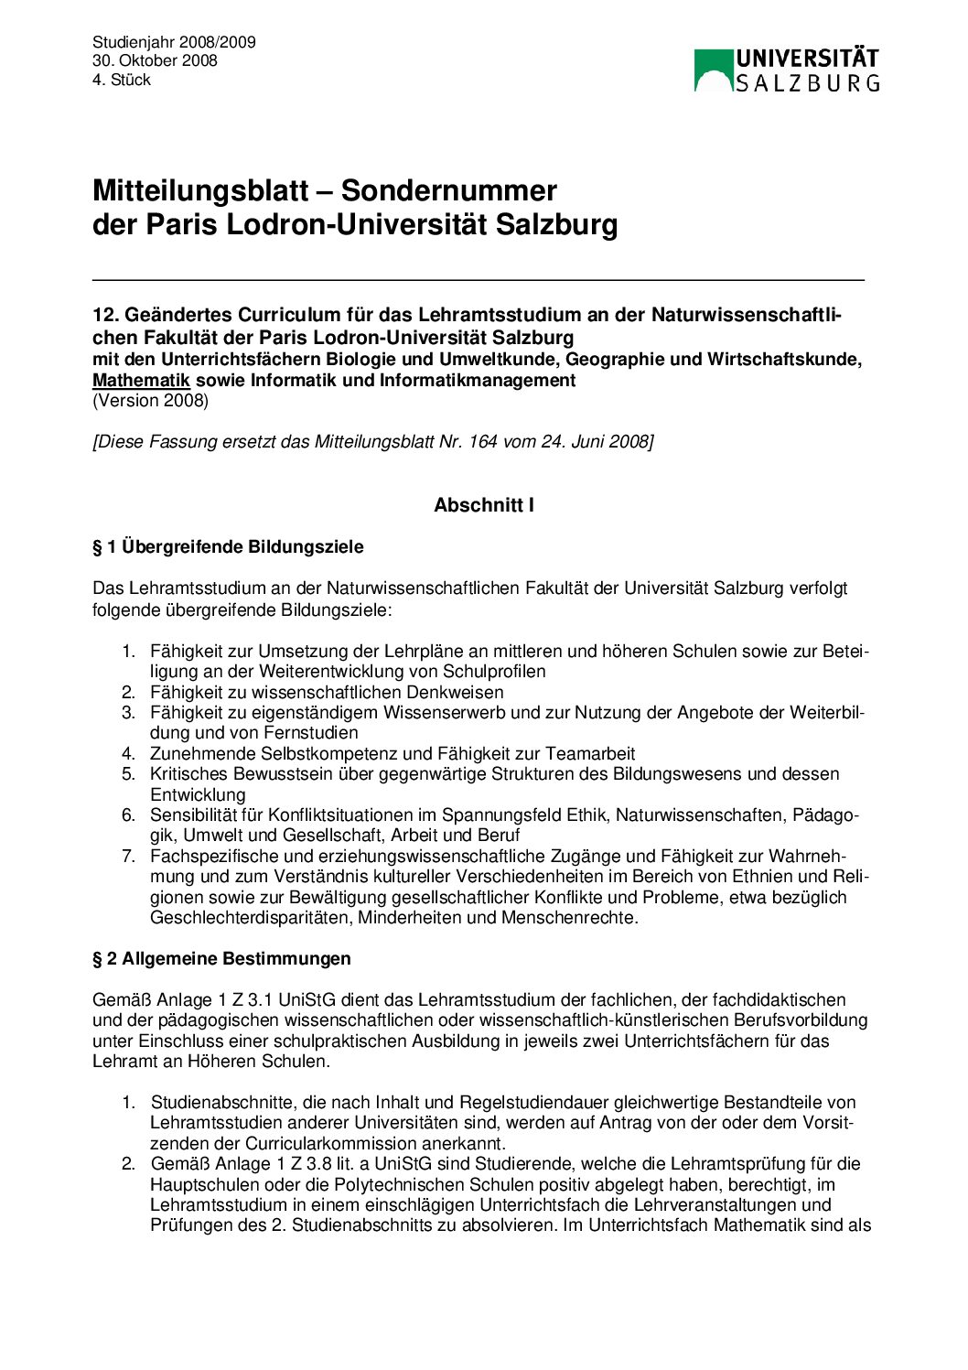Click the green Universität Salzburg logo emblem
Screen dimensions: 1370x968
714,70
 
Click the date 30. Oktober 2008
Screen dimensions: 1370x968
155,61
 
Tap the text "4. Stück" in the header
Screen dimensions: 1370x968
121,81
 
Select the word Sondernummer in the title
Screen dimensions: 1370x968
448,190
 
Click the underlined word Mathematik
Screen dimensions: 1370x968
141,381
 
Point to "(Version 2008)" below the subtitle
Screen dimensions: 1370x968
150,401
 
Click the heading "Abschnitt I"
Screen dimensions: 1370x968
484,505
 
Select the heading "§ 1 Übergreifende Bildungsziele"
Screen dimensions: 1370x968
228,547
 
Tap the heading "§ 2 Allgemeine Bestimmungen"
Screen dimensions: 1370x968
221,959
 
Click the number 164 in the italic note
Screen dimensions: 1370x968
483,442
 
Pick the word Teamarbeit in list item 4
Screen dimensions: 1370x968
590,754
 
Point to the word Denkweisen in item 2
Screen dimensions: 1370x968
456,693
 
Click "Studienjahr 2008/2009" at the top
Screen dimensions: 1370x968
174,42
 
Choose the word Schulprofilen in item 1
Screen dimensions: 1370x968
493,672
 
